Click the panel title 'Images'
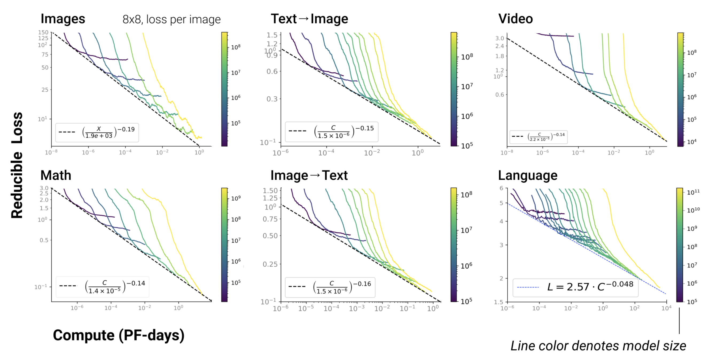click(63, 19)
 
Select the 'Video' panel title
click(515, 19)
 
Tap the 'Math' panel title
click(56, 175)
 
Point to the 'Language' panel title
click(527, 175)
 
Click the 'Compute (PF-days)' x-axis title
click(119, 335)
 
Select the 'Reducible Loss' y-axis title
click(17, 165)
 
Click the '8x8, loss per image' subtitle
click(171, 19)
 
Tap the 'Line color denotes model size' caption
click(598, 346)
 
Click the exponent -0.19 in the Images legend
click(126, 129)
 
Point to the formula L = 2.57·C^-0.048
click(590, 286)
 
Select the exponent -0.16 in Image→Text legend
click(362, 284)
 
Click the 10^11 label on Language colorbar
click(693, 192)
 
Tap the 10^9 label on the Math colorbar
click(236, 198)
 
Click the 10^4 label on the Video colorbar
click(692, 142)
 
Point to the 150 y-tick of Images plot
click(43, 33)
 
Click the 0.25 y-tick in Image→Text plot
click(270, 264)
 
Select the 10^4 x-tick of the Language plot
click(666, 308)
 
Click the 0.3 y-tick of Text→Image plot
click(272, 99)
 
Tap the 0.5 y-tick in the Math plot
click(44, 240)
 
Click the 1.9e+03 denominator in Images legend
click(99, 136)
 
